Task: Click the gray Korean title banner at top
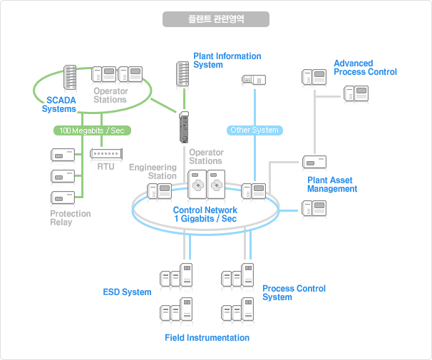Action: [216, 19]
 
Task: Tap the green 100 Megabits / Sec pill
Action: [92, 130]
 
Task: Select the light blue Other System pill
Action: [254, 130]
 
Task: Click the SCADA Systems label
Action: [59, 104]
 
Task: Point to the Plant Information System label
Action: [227, 61]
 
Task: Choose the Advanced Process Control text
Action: [365, 68]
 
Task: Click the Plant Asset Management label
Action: [332, 184]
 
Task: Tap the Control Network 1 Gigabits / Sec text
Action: [205, 215]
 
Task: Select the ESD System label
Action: [127, 292]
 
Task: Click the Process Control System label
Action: [294, 292]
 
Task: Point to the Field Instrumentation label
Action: [207, 338]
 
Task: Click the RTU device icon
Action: [106, 154]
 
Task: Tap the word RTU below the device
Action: [106, 167]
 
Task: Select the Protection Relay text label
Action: [71, 218]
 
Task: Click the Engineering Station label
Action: [153, 171]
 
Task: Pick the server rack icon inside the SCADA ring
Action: [70, 78]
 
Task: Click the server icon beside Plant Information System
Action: [182, 74]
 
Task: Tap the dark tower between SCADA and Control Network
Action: [184, 128]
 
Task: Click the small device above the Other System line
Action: [254, 80]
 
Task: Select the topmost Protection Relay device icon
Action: [63, 155]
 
